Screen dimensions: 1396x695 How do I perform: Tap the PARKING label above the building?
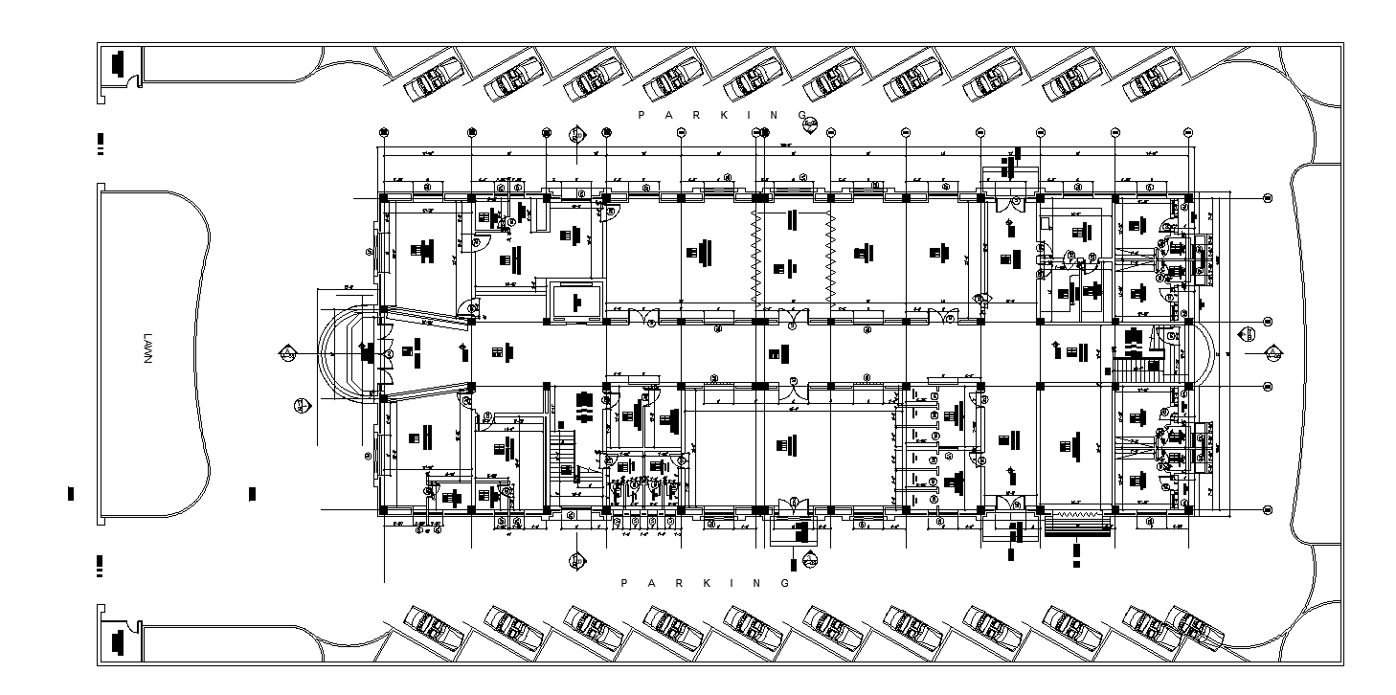coord(724,115)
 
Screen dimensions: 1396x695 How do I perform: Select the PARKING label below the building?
coord(706,583)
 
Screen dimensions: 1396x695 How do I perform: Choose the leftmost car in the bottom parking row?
coord(434,627)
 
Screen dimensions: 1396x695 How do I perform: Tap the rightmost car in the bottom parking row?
coord(1195,627)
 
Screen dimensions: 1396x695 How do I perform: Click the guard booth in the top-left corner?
coord(119,65)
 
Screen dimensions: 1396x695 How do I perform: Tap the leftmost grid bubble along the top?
coord(383,132)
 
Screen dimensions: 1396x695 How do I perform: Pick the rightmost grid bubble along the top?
coord(1188,132)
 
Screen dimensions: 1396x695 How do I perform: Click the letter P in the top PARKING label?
coord(642,115)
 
